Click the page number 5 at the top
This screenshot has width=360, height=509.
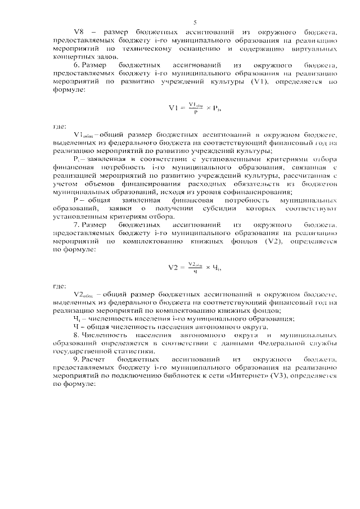coord(194,22)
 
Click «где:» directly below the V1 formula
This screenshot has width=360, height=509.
coord(59,126)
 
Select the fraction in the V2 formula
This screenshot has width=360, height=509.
coord(195,267)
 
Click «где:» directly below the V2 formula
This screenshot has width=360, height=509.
coord(59,286)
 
